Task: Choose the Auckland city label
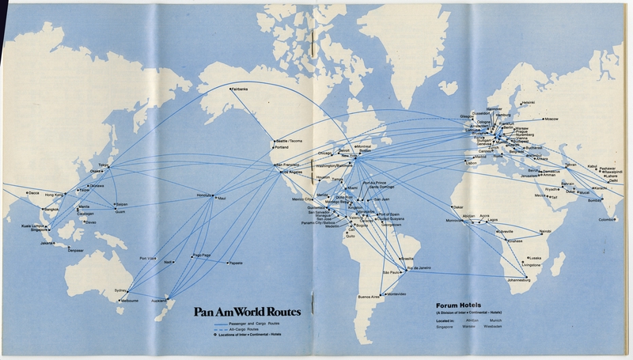coord(159,301)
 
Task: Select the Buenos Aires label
coord(369,296)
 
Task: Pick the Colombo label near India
coord(607,219)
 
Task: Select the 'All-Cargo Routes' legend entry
coord(242,331)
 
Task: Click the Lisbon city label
coord(471,163)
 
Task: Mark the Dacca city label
coord(32,192)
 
